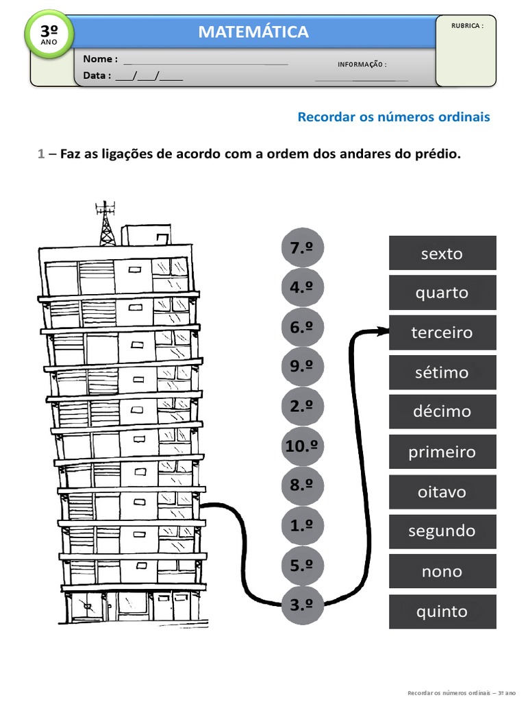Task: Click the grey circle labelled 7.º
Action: [301, 248]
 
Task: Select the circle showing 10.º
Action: [301, 446]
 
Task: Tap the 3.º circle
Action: [301, 605]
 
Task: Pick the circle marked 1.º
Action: [301, 526]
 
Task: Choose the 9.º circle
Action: [301, 367]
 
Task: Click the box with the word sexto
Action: [442, 253]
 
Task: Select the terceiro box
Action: [442, 332]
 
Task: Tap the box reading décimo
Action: [442, 411]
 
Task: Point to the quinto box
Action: [442, 612]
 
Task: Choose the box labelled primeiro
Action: [442, 452]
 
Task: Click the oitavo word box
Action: [442, 492]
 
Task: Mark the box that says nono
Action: [442, 571]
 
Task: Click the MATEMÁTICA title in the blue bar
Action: [253, 32]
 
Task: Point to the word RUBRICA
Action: [467, 25]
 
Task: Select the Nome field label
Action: [100, 59]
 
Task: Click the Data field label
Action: [97, 75]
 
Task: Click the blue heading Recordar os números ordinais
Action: [394, 117]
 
